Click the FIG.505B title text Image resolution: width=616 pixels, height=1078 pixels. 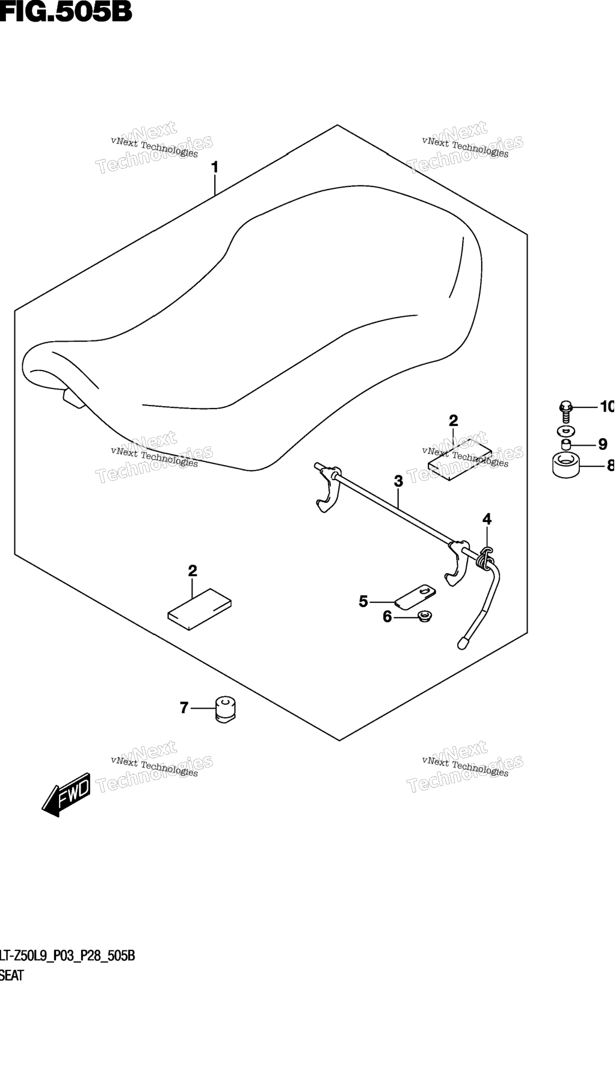click(x=66, y=11)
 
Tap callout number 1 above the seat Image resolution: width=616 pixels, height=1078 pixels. click(x=215, y=167)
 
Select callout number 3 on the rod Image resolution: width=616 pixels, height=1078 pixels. click(x=398, y=481)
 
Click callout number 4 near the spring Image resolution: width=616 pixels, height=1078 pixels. click(x=487, y=519)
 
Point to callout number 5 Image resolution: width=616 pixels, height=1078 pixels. click(x=363, y=601)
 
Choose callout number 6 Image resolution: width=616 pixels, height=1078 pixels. click(x=387, y=617)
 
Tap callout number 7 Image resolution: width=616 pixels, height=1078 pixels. click(x=185, y=707)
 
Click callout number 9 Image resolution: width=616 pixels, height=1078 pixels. click(x=602, y=445)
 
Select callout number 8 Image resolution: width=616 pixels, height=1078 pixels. click(x=610, y=465)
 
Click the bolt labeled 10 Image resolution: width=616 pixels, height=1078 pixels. click(x=566, y=411)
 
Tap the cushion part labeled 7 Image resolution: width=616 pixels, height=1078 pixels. click(x=225, y=708)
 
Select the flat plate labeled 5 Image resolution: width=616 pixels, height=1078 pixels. click(x=416, y=596)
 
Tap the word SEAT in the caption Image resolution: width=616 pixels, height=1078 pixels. click(x=11, y=975)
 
